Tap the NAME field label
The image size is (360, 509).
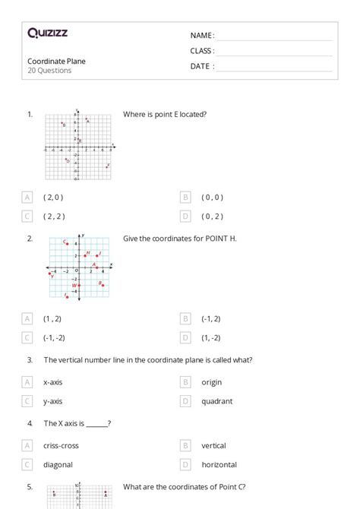(x=201, y=35)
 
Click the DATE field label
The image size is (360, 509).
(x=201, y=66)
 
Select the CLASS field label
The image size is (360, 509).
(x=202, y=51)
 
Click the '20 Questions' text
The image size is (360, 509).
(x=49, y=71)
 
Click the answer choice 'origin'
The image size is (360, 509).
(x=212, y=382)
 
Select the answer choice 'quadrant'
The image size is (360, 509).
(x=217, y=401)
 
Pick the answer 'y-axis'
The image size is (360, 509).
(x=53, y=401)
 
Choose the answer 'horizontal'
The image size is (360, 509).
(x=219, y=464)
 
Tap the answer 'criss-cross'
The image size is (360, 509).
(x=61, y=446)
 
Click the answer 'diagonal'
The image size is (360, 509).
(x=57, y=464)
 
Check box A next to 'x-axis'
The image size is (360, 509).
(x=28, y=382)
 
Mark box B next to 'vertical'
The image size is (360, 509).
(x=185, y=446)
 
